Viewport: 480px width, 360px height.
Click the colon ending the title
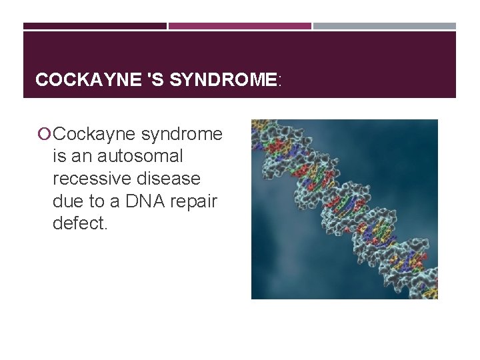pyautogui.click(x=280, y=81)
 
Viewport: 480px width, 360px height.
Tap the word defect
pyautogui.click(x=79, y=223)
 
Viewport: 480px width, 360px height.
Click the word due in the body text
pyautogui.click(x=66, y=201)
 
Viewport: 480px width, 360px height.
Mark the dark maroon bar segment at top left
pyautogui.click(x=95, y=26)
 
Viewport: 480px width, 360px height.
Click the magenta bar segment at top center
pyautogui.click(x=239, y=26)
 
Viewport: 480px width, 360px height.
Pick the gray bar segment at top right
pyautogui.click(x=385, y=26)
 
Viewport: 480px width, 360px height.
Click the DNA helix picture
pyautogui.click(x=344, y=209)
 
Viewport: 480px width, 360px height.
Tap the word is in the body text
pyautogui.click(x=59, y=157)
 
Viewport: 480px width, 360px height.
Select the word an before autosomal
pyautogui.click(x=84, y=157)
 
